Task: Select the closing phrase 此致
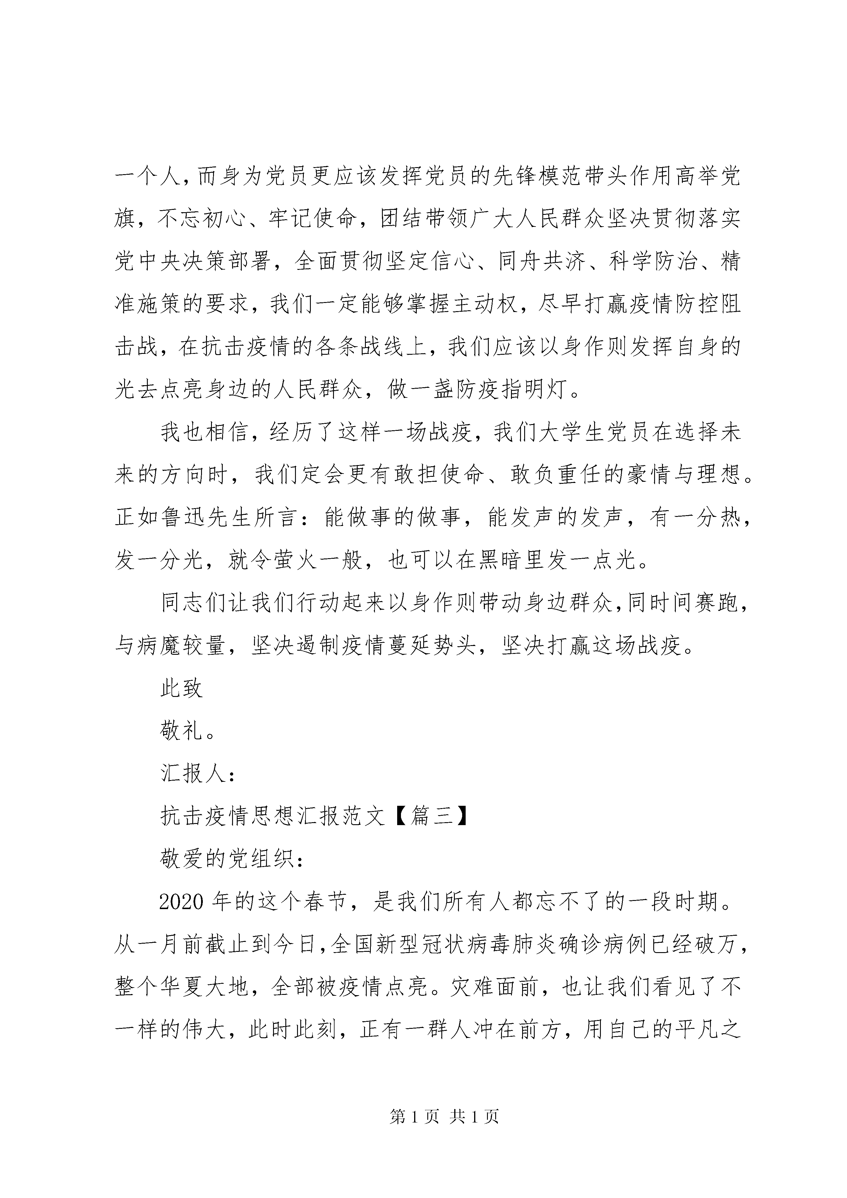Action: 181,688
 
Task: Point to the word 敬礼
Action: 181,731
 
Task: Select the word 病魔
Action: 160,645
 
